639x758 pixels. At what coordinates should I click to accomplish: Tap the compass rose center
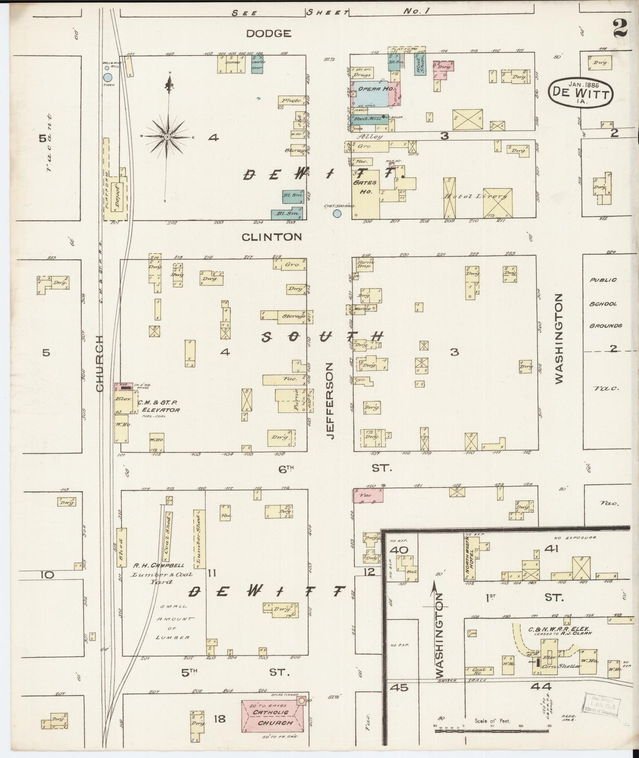(x=168, y=138)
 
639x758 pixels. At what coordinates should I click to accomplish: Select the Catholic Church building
(x=273, y=717)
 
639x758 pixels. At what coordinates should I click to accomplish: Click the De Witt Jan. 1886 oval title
(x=580, y=92)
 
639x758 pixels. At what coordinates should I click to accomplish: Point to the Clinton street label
(x=272, y=237)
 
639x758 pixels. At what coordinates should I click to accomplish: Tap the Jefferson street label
(x=330, y=401)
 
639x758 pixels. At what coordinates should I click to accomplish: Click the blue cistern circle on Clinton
(x=337, y=214)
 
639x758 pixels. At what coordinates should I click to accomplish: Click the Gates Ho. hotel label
(x=365, y=187)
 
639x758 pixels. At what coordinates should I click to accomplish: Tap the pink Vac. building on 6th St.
(x=367, y=495)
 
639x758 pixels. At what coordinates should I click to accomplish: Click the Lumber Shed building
(x=199, y=538)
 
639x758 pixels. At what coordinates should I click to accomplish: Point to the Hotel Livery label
(x=475, y=196)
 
